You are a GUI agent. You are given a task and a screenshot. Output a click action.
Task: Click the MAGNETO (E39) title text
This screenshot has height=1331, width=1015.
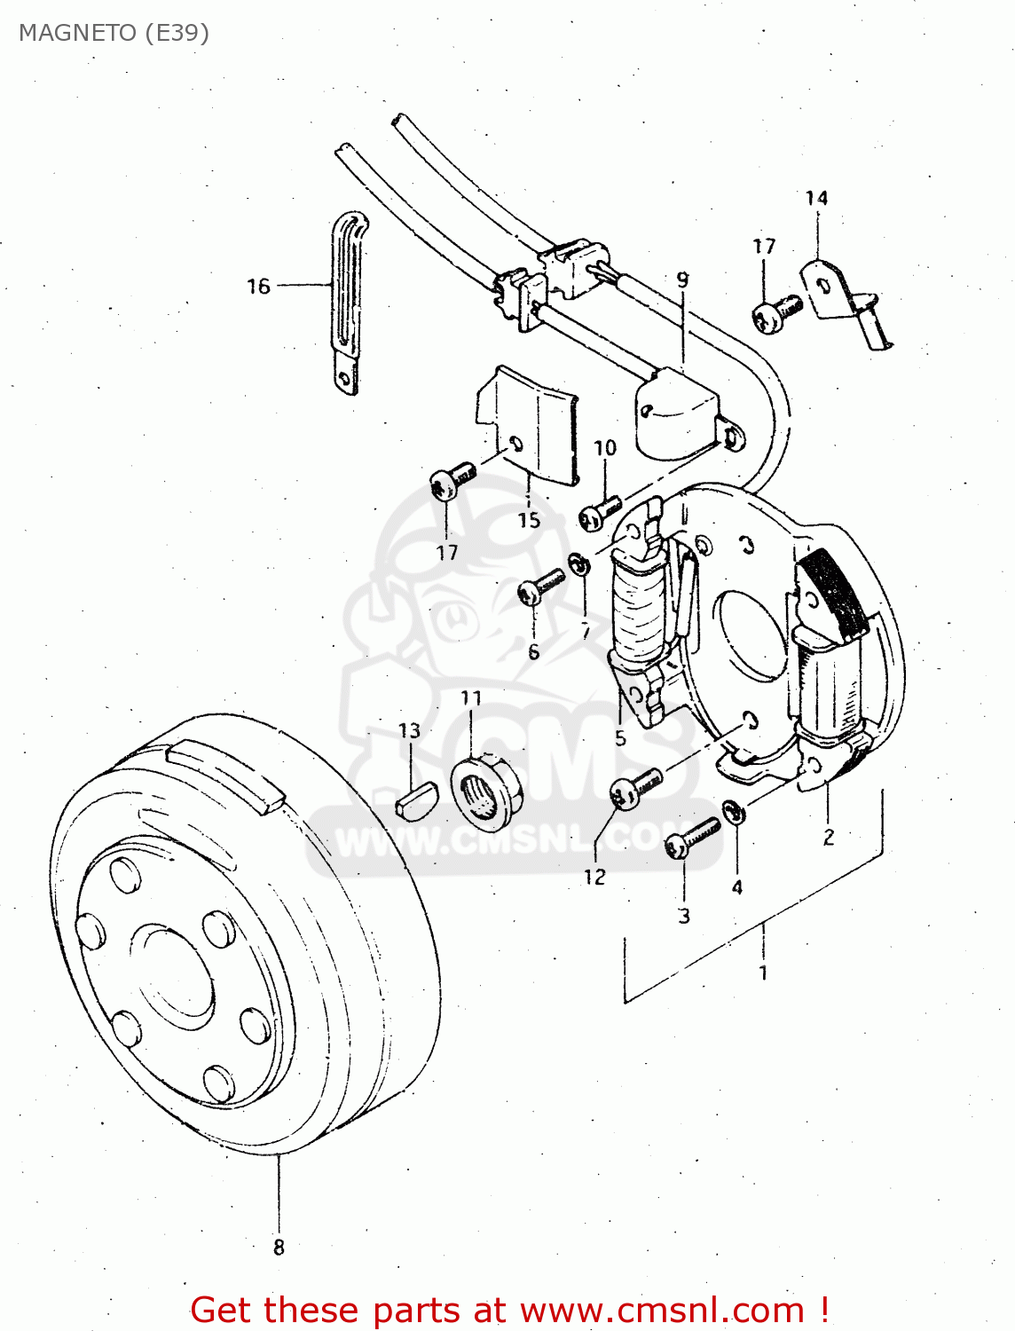(114, 33)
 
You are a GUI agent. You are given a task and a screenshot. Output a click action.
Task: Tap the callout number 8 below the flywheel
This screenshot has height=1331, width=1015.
(279, 1247)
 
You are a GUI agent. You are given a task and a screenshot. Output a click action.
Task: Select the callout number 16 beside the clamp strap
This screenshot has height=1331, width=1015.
(258, 286)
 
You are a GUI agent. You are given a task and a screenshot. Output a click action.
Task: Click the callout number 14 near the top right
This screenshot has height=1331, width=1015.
(816, 198)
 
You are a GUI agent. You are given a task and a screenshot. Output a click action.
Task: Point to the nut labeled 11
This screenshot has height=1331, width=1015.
(486, 785)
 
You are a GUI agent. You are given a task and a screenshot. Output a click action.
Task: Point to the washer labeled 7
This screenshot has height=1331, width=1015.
(580, 563)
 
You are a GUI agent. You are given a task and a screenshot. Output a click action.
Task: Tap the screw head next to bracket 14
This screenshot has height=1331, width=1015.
(776, 313)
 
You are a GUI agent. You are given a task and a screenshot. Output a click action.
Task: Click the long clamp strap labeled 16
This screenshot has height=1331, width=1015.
(347, 302)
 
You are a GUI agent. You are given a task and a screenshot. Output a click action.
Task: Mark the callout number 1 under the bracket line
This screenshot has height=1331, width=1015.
(763, 973)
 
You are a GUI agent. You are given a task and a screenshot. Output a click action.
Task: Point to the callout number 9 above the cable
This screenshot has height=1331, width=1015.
(682, 280)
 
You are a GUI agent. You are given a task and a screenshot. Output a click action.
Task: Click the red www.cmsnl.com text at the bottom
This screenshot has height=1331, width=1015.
(661, 1310)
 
